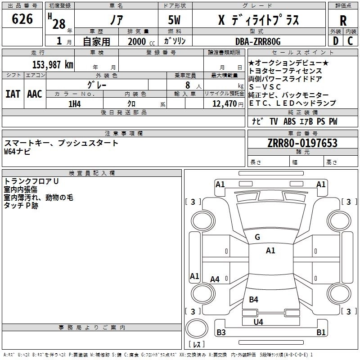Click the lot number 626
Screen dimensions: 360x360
(x=22, y=19)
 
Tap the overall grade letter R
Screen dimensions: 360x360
(x=343, y=21)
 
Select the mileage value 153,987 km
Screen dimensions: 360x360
(x=53, y=64)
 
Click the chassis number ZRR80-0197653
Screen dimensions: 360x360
(x=302, y=143)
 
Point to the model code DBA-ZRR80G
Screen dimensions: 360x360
(x=258, y=41)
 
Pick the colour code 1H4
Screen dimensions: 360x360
(x=75, y=104)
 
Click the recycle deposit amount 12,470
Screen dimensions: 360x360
(x=224, y=104)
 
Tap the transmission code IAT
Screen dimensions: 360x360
(x=13, y=94)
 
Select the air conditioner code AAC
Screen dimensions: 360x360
(x=35, y=94)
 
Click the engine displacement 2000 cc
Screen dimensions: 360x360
(x=139, y=41)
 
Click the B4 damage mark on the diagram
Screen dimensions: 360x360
(x=254, y=300)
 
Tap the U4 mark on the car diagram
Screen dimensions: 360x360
(x=258, y=322)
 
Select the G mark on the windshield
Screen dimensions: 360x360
(x=257, y=237)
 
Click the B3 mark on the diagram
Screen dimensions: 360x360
(x=221, y=333)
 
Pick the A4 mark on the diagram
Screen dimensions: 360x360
(x=215, y=279)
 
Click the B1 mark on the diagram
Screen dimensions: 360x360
(x=321, y=333)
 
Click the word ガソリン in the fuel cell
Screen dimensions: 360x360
(x=175, y=41)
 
